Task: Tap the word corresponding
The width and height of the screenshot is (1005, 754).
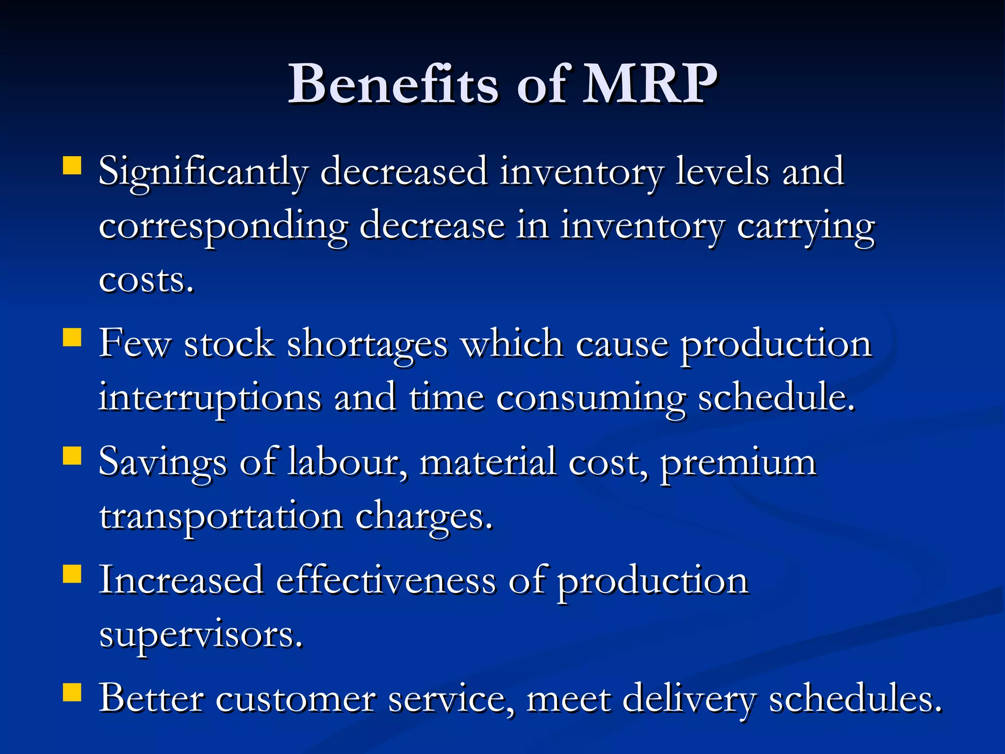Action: [x=223, y=227]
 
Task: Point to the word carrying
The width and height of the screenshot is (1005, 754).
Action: [x=805, y=227]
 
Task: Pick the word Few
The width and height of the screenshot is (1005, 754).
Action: [x=134, y=344]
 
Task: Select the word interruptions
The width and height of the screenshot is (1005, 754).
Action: [x=210, y=398]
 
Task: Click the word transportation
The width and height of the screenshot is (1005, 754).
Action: [x=221, y=516]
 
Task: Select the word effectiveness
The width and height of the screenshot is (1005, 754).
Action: [x=386, y=581]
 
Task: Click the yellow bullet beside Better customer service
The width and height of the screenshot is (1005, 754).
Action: [x=72, y=693]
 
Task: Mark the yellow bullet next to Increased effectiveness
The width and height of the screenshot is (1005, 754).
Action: [x=72, y=573]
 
